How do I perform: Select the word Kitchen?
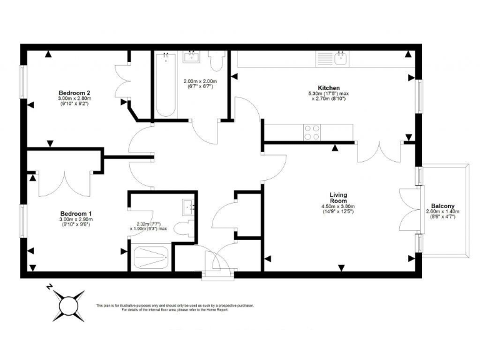pos(329,87)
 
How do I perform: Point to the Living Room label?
pos(338,198)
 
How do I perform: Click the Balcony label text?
pos(442,206)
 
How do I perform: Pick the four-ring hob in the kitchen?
pos(312,132)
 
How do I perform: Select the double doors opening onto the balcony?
pos(409,210)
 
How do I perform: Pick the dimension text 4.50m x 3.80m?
pos(338,207)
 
